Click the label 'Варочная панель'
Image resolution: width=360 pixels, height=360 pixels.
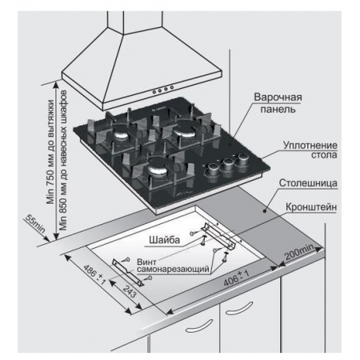point(278,103)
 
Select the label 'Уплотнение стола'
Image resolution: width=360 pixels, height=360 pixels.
point(310,150)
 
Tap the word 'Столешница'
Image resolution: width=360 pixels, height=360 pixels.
point(308,183)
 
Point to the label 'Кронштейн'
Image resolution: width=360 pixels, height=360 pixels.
point(311,207)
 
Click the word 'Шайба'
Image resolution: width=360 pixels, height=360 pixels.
point(164,240)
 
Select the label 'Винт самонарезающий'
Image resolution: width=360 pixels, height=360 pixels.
point(173,266)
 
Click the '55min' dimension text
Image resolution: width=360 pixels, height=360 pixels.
point(35,223)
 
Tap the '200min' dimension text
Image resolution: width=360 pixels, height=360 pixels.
point(299,252)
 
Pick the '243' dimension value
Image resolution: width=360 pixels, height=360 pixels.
point(130,290)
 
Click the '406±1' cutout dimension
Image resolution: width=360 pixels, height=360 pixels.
point(236,278)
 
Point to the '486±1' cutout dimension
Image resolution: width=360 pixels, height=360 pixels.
point(95,274)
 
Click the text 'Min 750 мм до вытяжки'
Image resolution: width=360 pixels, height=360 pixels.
point(50,152)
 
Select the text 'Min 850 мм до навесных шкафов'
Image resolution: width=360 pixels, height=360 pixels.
point(63,160)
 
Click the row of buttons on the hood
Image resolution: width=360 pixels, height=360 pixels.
point(163,90)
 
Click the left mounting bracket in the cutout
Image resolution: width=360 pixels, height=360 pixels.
point(128,272)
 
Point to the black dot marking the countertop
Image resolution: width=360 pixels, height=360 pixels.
point(265,211)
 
